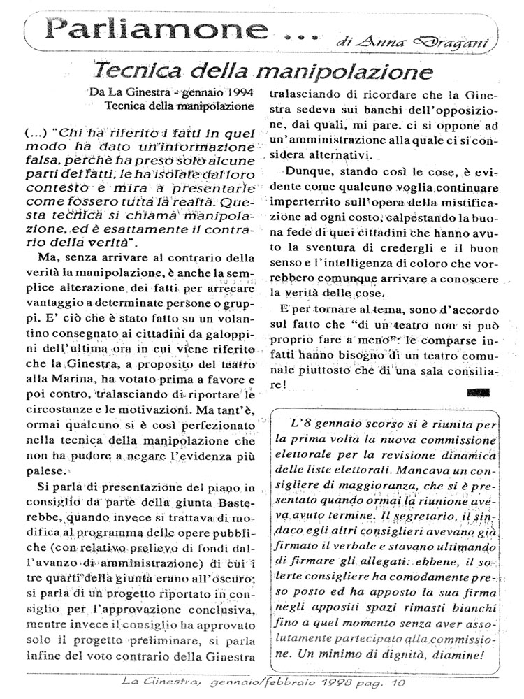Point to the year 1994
click(233, 92)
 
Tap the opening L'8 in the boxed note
click(301, 424)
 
